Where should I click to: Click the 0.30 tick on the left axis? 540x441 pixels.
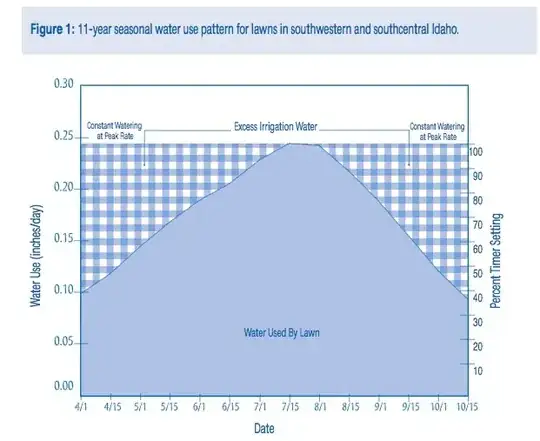(63, 84)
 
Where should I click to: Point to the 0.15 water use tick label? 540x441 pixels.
(63, 239)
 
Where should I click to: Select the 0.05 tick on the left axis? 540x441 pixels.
(63, 342)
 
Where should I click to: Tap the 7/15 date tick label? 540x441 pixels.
(291, 408)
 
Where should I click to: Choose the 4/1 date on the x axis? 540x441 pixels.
(83, 408)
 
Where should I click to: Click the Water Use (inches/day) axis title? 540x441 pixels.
(36, 239)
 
